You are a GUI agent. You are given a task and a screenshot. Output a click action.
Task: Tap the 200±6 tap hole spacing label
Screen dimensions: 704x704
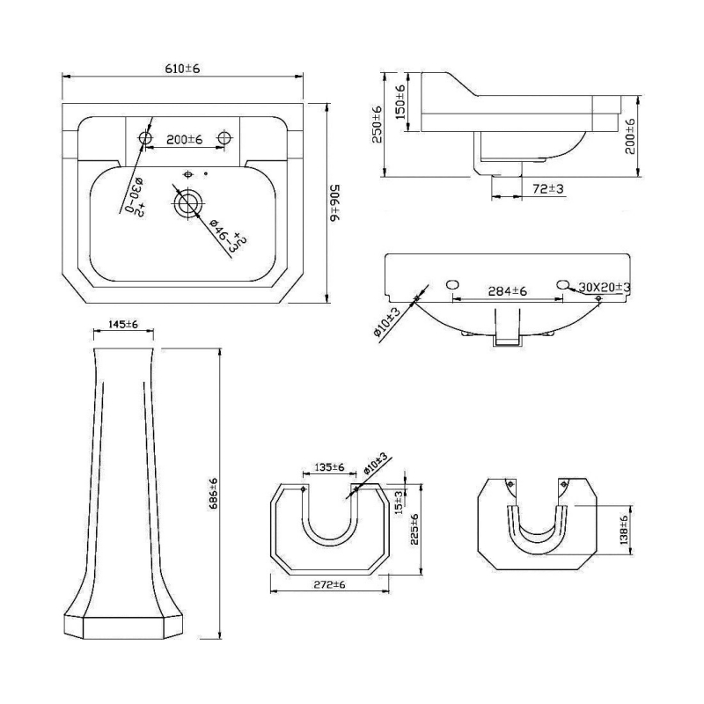coord(185,139)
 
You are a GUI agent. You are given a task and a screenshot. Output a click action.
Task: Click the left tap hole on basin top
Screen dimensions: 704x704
coord(143,138)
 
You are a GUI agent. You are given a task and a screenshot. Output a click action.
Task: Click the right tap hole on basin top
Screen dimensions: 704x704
coord(225,138)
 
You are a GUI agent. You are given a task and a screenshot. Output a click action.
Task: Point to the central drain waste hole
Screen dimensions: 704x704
coord(187,203)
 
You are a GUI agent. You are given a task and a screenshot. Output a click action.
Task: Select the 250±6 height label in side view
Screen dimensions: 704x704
coord(378,123)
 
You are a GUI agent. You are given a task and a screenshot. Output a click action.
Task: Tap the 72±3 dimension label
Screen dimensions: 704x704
coord(547,187)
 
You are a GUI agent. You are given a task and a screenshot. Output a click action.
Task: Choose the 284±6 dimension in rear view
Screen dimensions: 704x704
coord(507,291)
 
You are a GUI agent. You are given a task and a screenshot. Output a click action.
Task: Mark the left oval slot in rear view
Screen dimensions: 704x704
coord(452,284)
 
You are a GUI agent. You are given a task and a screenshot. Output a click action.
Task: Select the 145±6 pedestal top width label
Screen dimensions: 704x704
coord(123,325)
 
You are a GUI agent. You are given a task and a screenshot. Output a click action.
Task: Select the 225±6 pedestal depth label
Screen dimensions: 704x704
coord(414,531)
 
